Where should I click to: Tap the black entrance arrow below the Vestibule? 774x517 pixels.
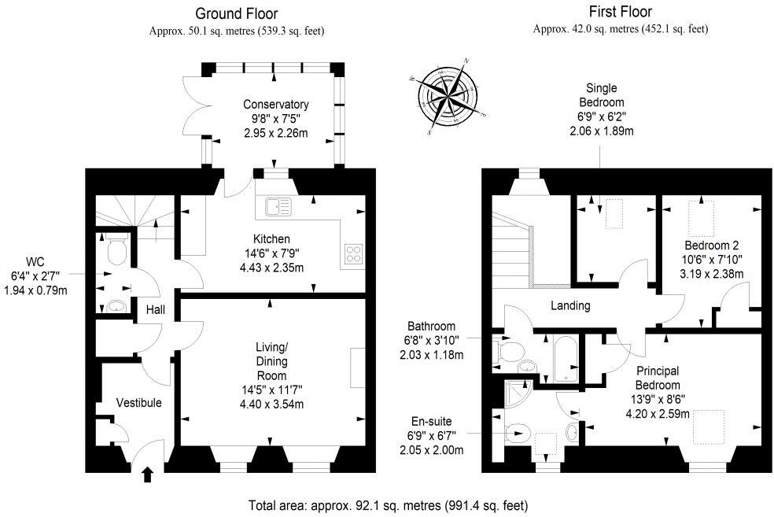147,474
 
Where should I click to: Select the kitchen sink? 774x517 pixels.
277,206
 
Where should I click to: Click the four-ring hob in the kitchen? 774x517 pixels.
354,254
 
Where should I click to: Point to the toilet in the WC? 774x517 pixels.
116,249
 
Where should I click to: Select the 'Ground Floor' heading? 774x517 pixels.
236,13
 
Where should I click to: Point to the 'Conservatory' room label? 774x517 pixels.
275,105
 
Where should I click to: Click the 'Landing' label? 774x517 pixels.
570,306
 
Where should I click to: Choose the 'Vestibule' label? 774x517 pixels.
138,403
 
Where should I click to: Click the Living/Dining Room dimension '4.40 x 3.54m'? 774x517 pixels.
271,404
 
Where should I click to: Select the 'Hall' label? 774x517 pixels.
155,310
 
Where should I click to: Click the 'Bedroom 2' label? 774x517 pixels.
711,245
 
